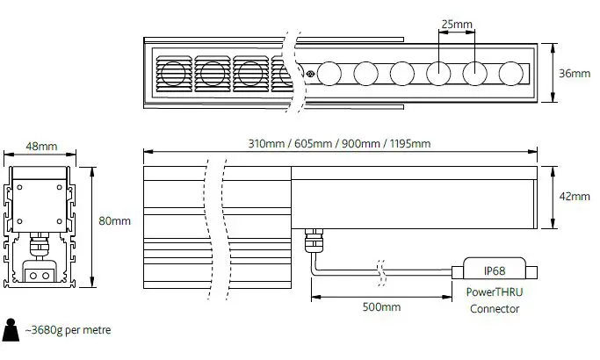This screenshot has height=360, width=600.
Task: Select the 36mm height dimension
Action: pyautogui.click(x=575, y=74)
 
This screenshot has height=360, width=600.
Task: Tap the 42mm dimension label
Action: pyautogui.click(x=575, y=198)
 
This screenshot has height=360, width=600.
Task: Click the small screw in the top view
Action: pyautogui.click(x=310, y=73)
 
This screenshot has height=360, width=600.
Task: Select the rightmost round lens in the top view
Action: pyautogui.click(x=510, y=73)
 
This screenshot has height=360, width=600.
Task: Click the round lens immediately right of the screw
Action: pyautogui.click(x=329, y=73)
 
